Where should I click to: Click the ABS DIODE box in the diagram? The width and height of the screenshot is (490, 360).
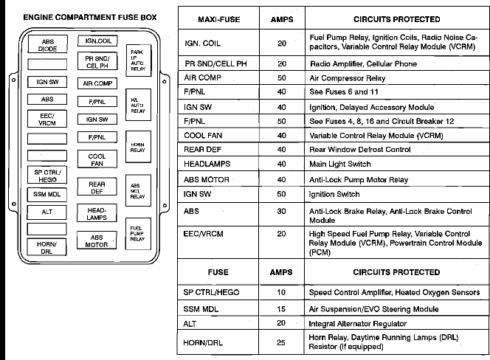(x=47, y=44)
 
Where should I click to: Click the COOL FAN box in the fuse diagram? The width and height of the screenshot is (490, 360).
(x=97, y=160)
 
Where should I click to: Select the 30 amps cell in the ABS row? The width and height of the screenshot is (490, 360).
(x=281, y=210)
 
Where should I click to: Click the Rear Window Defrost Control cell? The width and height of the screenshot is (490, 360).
(x=359, y=150)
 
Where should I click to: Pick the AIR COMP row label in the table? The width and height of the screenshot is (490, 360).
(x=200, y=77)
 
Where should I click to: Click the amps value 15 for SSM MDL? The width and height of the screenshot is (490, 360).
(x=281, y=309)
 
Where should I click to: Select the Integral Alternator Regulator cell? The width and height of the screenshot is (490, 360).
(x=358, y=323)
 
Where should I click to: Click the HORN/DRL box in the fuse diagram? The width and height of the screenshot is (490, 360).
(x=47, y=247)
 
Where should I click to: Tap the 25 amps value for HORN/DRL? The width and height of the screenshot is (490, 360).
(x=281, y=342)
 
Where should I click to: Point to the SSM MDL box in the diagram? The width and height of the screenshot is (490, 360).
(x=47, y=194)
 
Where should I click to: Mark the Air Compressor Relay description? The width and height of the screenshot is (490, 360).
(x=348, y=77)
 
